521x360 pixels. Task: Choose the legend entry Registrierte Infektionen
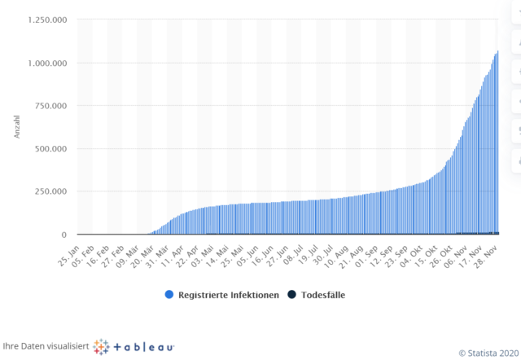click(x=228, y=294)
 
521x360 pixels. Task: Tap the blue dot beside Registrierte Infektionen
click(x=169, y=294)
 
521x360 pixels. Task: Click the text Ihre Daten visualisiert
click(x=45, y=345)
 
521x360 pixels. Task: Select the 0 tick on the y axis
click(x=69, y=235)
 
